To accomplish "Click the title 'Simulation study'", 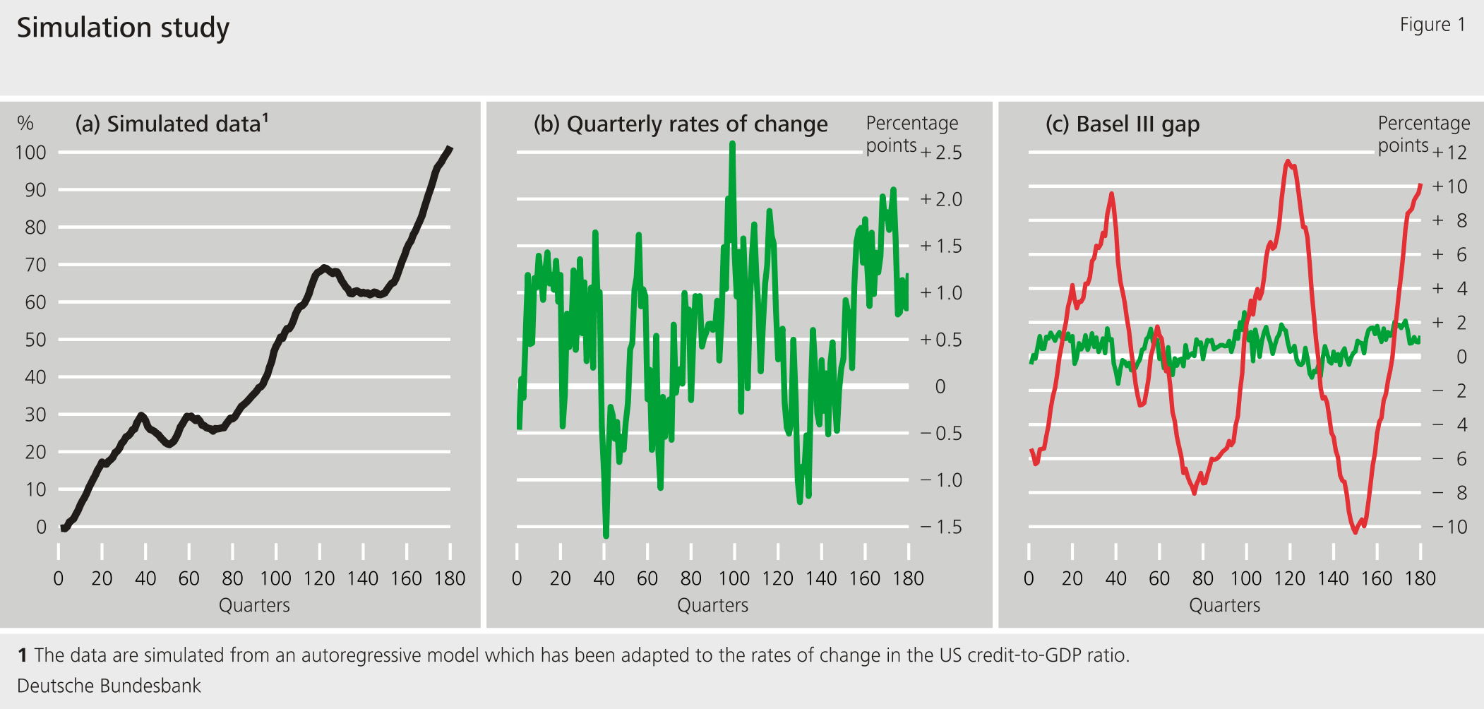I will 123,28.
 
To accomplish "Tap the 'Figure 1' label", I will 1432,25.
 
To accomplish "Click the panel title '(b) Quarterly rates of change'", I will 681,124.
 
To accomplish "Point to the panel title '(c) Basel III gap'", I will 1123,124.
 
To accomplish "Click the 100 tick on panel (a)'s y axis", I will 30,153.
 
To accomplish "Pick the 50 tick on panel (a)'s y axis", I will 35,340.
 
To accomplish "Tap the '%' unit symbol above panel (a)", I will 25,124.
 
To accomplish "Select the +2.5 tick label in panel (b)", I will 941,153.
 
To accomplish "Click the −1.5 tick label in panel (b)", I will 941,527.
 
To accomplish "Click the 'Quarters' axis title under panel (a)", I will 254,605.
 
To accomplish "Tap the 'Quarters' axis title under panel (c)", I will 1224,605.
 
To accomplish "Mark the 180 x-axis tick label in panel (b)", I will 908,579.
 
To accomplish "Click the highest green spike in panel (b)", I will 732,144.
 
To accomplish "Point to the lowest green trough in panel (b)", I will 606,535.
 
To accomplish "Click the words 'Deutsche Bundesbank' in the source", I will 109,686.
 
